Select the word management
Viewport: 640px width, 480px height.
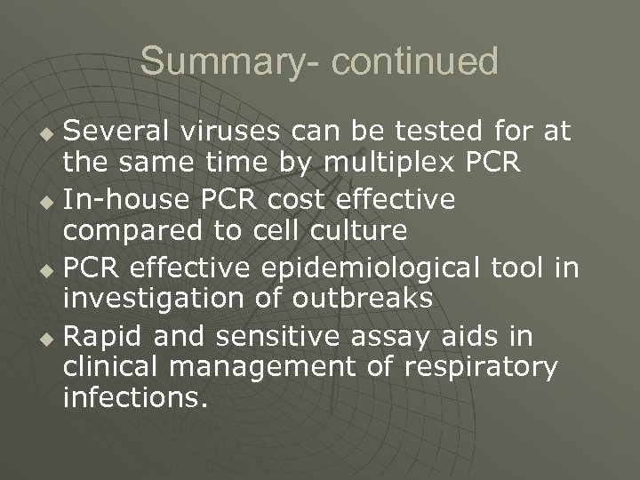(x=256, y=366)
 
